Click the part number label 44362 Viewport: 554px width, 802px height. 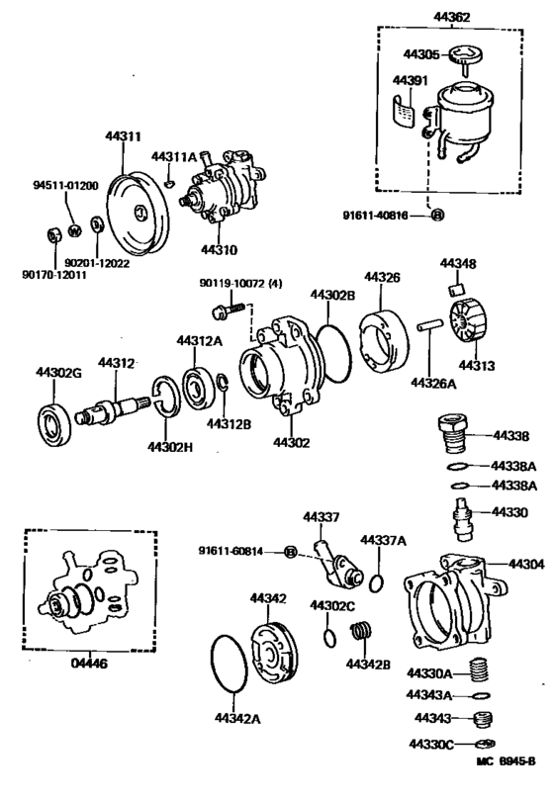pyautogui.click(x=451, y=17)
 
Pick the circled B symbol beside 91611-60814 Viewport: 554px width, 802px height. pyautogui.click(x=291, y=552)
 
